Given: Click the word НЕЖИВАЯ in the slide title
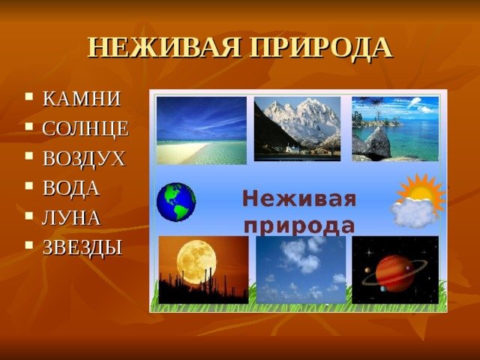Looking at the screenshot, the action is (x=164, y=48).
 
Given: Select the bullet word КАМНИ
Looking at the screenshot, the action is (x=82, y=99).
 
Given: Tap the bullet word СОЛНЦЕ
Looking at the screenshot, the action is (x=85, y=128).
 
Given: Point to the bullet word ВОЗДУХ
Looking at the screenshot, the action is (x=84, y=158).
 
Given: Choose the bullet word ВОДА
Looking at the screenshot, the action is (x=70, y=188).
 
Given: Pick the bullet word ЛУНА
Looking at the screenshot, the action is (x=71, y=218).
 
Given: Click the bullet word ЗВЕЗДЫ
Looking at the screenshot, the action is (x=82, y=247).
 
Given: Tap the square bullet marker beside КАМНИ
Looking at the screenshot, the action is (x=29, y=97).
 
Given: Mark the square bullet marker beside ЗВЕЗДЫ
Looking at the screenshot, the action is (x=29, y=245).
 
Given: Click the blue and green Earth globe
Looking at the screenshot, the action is (x=176, y=202).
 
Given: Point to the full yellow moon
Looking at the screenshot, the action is (x=196, y=262).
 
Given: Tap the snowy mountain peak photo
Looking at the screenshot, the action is (x=297, y=129).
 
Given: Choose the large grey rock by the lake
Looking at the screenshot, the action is (x=376, y=144).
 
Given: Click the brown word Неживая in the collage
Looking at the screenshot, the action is (x=299, y=199).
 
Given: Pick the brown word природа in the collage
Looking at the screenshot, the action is (x=301, y=226).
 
